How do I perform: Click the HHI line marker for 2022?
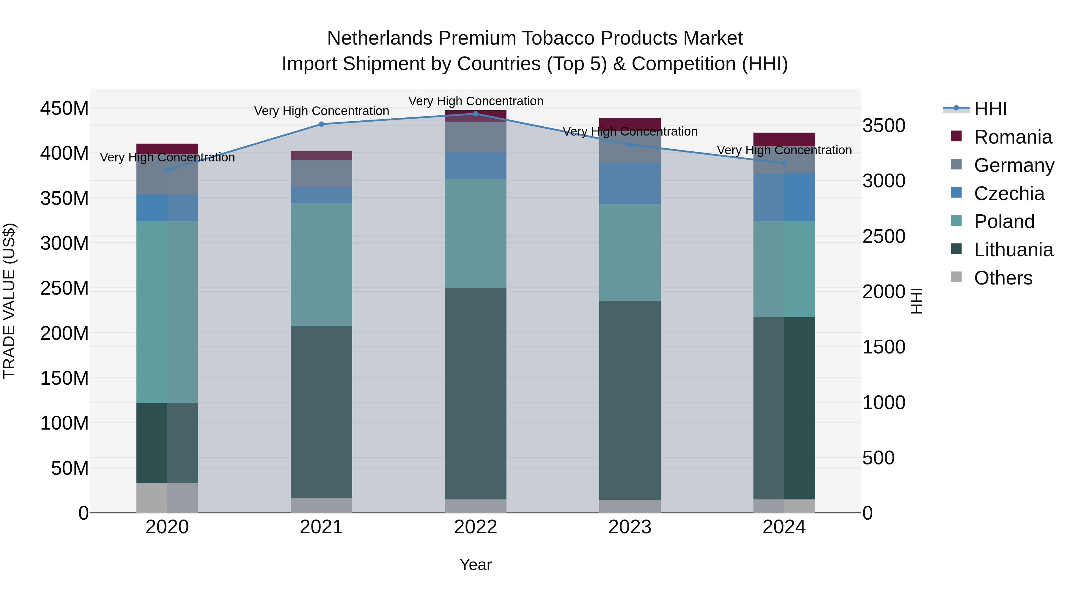click(x=476, y=114)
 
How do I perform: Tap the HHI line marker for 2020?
click(x=167, y=170)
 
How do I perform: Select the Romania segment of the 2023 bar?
click(x=630, y=124)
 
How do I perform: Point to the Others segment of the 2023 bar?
click(x=630, y=506)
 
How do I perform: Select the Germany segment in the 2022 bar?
click(x=476, y=137)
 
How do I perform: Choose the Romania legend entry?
click(x=1013, y=137)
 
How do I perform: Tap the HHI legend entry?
click(x=990, y=109)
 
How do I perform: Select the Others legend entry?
click(x=1003, y=278)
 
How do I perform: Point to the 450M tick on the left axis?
click(x=64, y=109)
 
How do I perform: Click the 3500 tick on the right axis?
click(x=884, y=125)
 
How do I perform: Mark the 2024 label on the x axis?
click(x=784, y=527)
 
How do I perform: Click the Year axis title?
click(x=476, y=565)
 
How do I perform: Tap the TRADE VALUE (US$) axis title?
click(x=9, y=301)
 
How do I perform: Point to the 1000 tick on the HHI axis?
click(x=884, y=403)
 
